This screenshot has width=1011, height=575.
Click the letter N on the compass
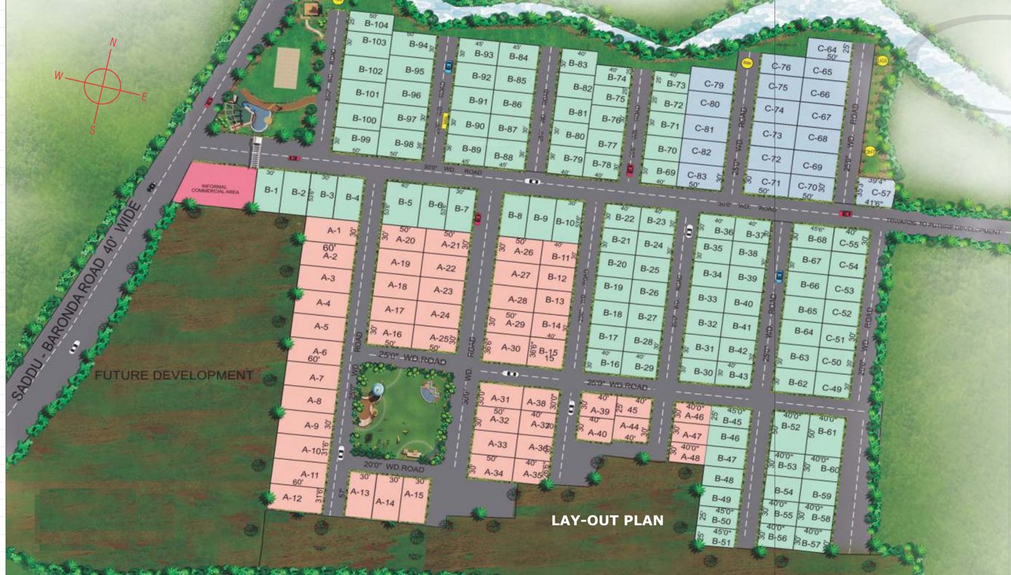tap(113, 43)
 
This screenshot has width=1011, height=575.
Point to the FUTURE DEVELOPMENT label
tap(173, 375)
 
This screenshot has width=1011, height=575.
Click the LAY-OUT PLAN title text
tap(607, 521)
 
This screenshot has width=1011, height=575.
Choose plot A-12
tap(292, 498)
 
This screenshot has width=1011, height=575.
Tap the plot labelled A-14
tap(385, 502)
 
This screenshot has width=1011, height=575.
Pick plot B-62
tap(798, 383)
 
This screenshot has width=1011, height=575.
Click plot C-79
tap(714, 85)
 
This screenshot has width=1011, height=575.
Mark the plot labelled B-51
tap(722, 542)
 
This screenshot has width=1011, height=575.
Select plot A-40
tap(597, 434)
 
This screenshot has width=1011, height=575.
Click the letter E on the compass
tap(144, 96)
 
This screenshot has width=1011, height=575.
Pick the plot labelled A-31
tap(500, 399)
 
